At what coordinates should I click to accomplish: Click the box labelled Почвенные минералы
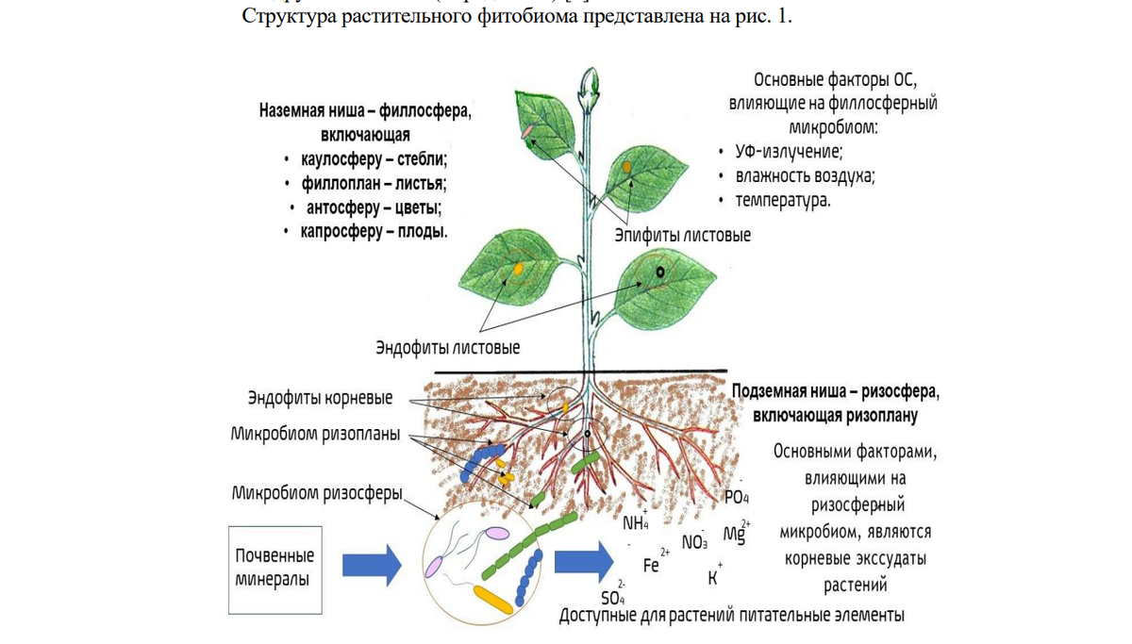point(275,568)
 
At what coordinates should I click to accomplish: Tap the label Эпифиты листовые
point(683,235)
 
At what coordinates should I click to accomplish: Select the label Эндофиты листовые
point(448,348)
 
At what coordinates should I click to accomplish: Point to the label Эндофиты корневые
point(320,398)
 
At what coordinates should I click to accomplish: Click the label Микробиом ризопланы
point(315,435)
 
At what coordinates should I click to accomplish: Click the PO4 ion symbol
point(735,497)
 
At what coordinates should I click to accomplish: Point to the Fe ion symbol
point(652,565)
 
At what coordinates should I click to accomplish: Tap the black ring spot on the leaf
point(660,272)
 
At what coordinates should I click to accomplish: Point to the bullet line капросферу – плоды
point(375,231)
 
